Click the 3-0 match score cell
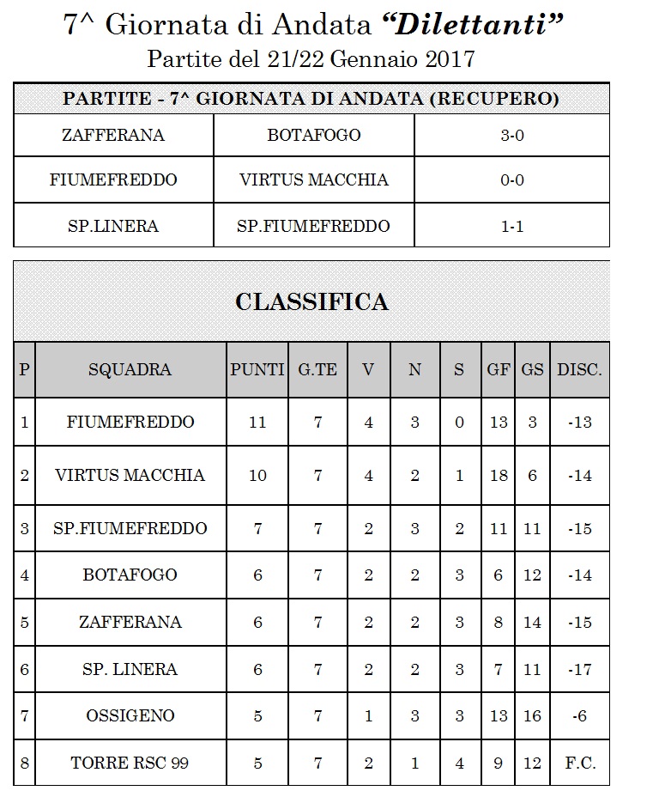[511, 135]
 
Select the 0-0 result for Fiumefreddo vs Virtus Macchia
[511, 179]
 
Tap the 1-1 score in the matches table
[511, 226]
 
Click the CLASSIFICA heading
[311, 302]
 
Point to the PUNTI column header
[257, 370]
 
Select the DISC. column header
[580, 370]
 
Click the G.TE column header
[317, 370]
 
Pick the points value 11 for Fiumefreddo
[257, 422]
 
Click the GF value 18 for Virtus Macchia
[499, 475]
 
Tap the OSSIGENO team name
[130, 715]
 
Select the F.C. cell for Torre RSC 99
[580, 763]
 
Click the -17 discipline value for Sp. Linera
[580, 669]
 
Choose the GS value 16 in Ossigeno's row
[533, 715]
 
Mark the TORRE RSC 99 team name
[130, 763]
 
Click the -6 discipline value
[580, 715]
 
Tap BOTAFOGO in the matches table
[314, 135]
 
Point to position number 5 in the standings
[24, 622]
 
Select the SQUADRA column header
[130, 370]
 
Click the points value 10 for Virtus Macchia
[257, 475]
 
